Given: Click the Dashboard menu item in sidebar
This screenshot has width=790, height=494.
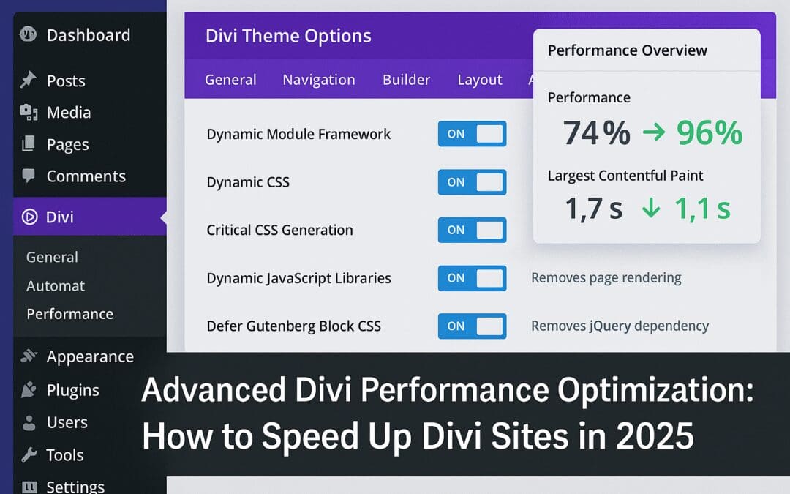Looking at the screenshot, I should coord(88,35).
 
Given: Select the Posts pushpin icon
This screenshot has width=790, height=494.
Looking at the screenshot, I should coord(29,81).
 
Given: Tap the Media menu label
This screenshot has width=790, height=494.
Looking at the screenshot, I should coord(69,113).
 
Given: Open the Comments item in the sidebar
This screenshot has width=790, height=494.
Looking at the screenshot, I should coord(86,176).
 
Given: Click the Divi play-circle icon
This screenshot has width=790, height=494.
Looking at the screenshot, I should coord(29,217).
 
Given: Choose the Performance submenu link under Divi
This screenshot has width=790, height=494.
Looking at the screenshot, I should coord(69,314).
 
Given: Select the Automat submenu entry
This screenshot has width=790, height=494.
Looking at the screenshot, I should coord(56,286).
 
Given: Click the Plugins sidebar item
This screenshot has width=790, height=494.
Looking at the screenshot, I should coord(72,390).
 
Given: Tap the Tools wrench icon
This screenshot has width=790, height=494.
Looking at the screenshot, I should coord(29,454).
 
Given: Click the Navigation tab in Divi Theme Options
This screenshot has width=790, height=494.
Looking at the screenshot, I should coord(319,80).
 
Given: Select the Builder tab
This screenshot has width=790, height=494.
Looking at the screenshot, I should coord(406,80).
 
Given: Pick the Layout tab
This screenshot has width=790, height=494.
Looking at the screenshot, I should coord(480,80).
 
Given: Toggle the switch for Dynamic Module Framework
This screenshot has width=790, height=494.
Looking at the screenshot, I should coord(472,134).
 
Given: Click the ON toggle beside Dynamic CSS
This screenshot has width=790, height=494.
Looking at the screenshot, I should coord(472,182).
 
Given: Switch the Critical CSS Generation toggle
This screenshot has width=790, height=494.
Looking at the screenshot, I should coord(472,230).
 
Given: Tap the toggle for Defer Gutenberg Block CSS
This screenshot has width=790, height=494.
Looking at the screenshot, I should coord(472,326).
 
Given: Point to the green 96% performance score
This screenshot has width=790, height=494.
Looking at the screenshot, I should coord(709,133).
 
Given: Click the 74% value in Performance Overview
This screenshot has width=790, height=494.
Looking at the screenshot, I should coord(596,133).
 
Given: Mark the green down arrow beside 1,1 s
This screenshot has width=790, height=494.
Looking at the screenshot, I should coord(650,209).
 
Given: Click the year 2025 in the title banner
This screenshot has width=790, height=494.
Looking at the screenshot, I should coord(655,436).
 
